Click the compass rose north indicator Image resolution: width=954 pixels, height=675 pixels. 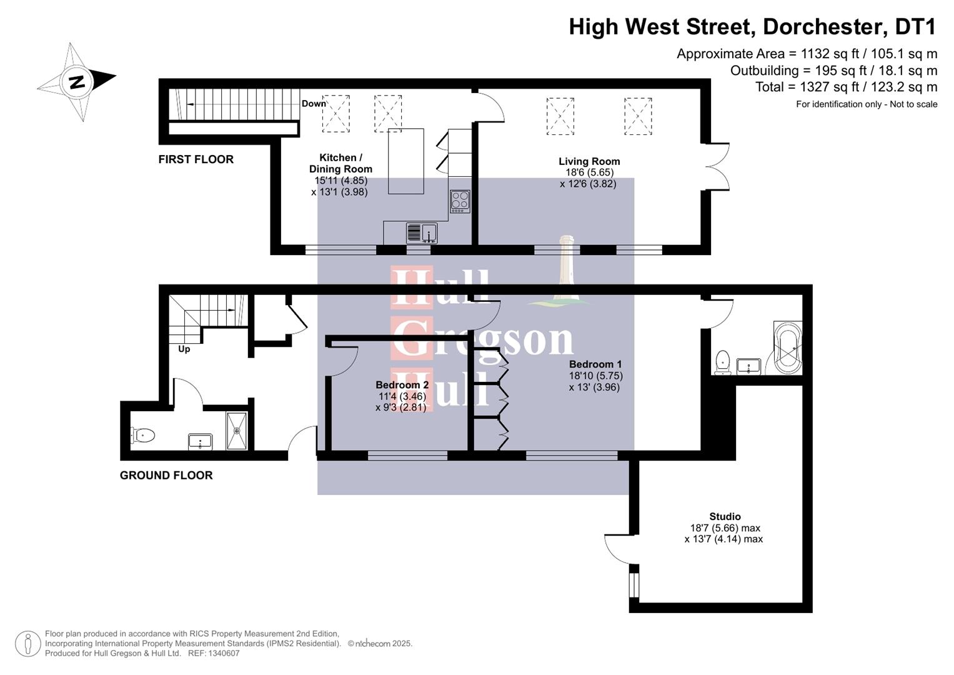pos(77,82)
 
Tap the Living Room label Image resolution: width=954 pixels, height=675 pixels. pos(589,161)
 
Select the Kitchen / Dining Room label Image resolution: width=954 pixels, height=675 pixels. pos(340,163)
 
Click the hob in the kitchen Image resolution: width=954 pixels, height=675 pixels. pos(460,201)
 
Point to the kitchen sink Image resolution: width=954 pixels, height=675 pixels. pos(422,233)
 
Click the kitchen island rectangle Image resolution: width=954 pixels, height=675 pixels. pos(405,161)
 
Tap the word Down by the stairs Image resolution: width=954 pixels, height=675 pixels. pos(314,104)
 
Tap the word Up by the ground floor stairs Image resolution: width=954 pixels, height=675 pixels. pos(184,349)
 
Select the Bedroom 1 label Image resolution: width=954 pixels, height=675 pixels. pos(595,364)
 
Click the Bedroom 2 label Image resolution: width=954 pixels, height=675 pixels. pos(402,385)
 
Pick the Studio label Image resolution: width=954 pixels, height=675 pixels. pos(725,516)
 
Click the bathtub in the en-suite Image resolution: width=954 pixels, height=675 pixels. pos(787,347)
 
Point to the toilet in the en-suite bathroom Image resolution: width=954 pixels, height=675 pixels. pos(723,362)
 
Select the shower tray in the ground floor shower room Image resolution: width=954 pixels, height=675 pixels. pos(237,430)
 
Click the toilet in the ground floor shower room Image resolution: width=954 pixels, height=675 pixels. pos(143,435)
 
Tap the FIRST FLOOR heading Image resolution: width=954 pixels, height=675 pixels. pos(196,159)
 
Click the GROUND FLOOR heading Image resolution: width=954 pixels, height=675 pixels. pos(166,476)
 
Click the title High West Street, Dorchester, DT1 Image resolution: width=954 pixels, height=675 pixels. pos(752,27)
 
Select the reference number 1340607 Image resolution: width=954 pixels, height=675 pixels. pos(222,653)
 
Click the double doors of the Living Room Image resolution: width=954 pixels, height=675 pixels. pos(718,166)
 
